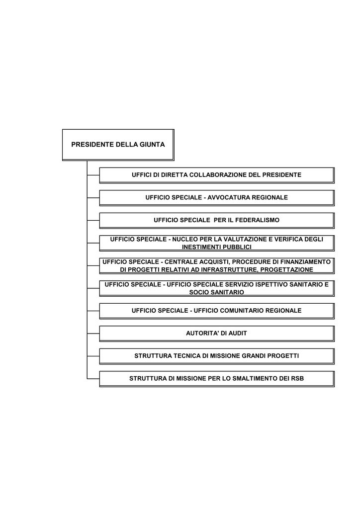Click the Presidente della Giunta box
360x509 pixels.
point(118,145)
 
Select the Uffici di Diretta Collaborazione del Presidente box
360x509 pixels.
point(217,175)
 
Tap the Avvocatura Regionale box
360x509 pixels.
point(217,198)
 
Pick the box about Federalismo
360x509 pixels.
point(217,220)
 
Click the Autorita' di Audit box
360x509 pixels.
point(217,334)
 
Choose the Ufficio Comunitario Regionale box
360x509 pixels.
point(217,311)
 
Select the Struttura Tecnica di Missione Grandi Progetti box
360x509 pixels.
point(217,356)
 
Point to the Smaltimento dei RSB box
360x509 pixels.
point(217,379)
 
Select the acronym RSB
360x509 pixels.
point(297,378)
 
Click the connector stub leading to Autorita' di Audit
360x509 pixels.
point(93,334)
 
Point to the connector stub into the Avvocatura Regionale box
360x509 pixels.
point(93,198)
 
